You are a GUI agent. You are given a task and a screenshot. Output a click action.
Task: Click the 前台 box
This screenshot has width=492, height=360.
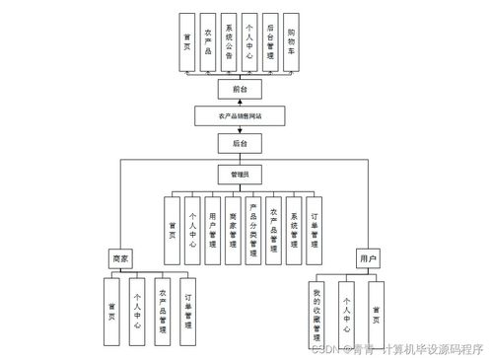click(240, 90)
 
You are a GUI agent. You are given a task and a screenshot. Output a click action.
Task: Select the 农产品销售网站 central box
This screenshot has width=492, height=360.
click(240, 116)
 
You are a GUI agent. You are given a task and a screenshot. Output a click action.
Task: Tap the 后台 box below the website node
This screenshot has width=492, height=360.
click(240, 144)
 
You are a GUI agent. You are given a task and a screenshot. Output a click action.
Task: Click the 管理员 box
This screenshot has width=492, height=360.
click(240, 174)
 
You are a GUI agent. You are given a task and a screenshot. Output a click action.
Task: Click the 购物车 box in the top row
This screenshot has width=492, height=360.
click(292, 42)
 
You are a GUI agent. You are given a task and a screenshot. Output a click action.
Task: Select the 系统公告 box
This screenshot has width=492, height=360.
click(228, 42)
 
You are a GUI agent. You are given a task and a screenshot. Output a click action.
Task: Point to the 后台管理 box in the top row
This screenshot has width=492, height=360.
click(270, 42)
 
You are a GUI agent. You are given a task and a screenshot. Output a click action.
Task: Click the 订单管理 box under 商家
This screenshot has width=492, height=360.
click(187, 312)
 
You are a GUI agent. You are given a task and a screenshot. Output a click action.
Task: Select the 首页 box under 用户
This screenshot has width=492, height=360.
click(376, 312)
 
